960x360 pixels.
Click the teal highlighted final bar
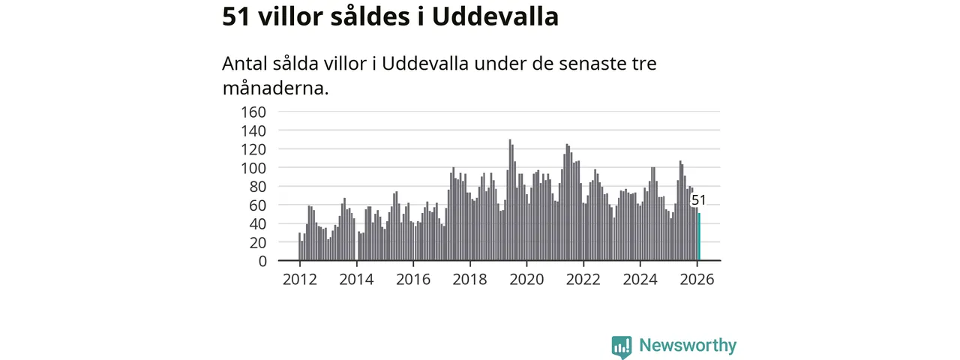click(x=699, y=237)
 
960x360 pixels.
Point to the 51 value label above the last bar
click(x=698, y=200)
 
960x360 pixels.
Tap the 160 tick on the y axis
click(x=253, y=112)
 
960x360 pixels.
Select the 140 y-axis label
click(x=253, y=130)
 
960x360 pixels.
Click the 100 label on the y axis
click(x=253, y=168)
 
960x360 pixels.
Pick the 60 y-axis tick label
click(x=257, y=205)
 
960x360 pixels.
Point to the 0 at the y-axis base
click(x=262, y=261)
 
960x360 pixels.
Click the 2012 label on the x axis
click(x=300, y=280)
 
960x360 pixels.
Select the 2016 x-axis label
click(x=413, y=280)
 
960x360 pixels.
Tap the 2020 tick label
click(x=526, y=280)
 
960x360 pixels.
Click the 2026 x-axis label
click(x=697, y=280)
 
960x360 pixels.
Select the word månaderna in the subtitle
click(x=275, y=88)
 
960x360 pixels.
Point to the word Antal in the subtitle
click(x=245, y=64)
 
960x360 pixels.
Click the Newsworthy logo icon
click(x=621, y=346)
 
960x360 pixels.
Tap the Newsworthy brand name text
click(x=688, y=346)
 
